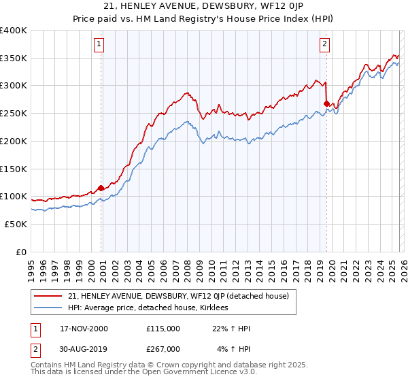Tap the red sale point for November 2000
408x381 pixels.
click(101, 188)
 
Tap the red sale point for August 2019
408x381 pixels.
click(326, 103)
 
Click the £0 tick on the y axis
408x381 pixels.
click(20, 252)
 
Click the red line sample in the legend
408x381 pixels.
click(49, 296)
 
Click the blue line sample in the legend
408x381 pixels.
click(49, 308)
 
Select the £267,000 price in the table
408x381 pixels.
click(163, 348)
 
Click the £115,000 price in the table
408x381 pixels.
click(163, 329)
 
